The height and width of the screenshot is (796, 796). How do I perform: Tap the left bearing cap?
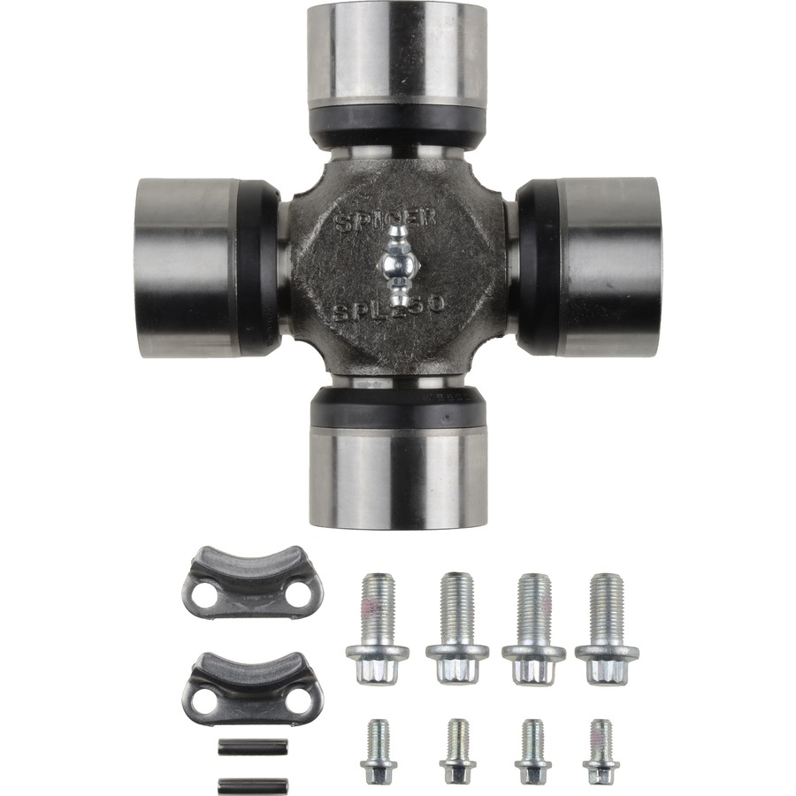187,267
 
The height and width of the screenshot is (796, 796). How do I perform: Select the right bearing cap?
610,267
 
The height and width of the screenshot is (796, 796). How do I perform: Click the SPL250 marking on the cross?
390,310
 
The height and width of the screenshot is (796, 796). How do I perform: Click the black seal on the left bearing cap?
260,267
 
